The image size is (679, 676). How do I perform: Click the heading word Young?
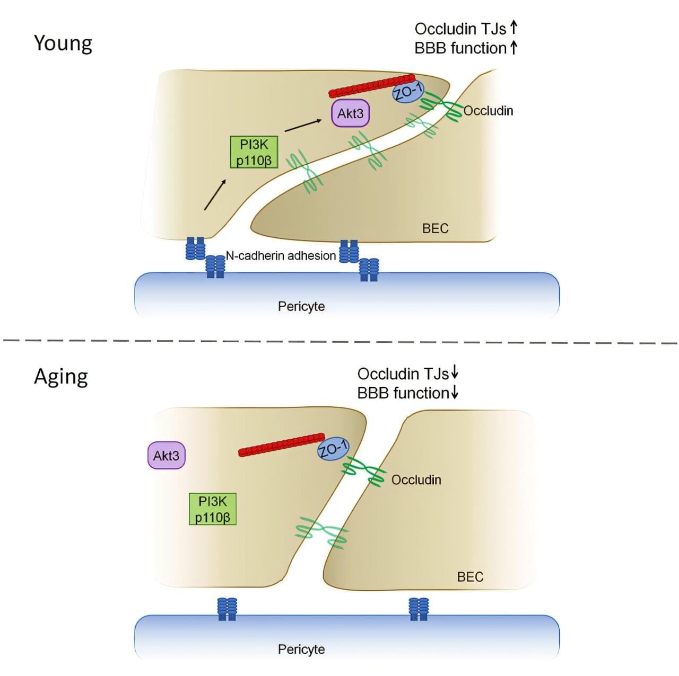[x=63, y=43]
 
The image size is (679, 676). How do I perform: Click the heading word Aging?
[x=61, y=377]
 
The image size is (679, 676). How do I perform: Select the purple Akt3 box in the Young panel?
[x=350, y=113]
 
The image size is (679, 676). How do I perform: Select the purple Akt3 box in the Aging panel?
[x=166, y=456]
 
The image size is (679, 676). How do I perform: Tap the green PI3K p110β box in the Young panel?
[x=254, y=152]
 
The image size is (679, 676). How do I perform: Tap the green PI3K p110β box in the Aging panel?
[x=212, y=509]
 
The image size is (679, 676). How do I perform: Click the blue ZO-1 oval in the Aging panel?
[x=333, y=450]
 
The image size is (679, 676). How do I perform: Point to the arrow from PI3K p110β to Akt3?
[x=303, y=125]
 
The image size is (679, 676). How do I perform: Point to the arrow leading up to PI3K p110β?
[x=215, y=194]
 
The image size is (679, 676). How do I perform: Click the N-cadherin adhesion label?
[x=281, y=256]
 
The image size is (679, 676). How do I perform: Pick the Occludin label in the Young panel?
[x=489, y=111]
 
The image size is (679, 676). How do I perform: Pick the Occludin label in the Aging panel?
[x=416, y=480]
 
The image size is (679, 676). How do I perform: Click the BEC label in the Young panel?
[x=435, y=228]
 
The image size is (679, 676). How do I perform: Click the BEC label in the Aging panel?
[x=470, y=576]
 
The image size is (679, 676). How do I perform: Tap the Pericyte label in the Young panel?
[x=301, y=306]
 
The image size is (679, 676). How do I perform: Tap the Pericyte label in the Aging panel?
[x=301, y=649]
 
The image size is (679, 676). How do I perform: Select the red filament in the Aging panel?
[x=281, y=445]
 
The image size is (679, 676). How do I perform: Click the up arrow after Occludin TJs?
[x=513, y=28]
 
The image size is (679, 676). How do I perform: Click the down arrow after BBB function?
[x=455, y=393]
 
